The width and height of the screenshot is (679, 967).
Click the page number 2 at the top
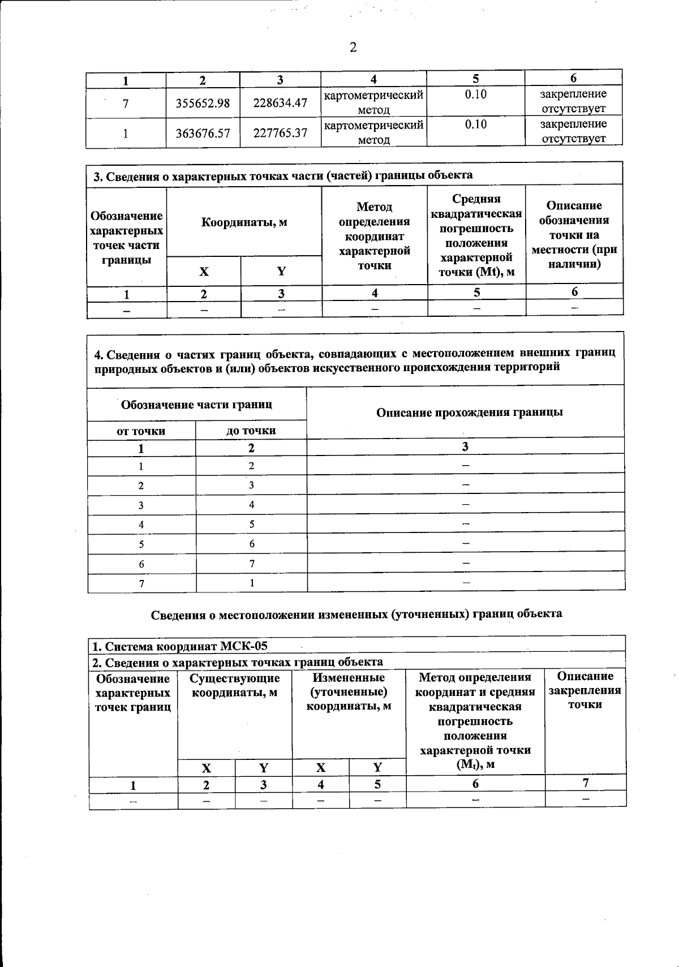353,48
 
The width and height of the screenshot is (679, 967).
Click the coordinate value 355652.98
203,103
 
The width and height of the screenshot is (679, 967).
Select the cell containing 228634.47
280,103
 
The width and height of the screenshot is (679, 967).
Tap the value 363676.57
203,133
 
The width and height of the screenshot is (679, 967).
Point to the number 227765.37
280,133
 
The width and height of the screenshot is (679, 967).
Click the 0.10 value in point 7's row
475,94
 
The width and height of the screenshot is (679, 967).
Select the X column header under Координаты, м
203,272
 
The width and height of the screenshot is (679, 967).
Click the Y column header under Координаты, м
281,272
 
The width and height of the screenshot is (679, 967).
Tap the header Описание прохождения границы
469,412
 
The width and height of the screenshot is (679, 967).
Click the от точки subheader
141,431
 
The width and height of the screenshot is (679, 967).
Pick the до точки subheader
251,431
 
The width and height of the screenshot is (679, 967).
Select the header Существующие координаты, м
234,685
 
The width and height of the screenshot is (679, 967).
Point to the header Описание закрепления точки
585,690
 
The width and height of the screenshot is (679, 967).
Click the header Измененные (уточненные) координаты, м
349,691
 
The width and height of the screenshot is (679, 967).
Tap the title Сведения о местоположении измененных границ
356,614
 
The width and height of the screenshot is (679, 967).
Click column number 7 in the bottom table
586,783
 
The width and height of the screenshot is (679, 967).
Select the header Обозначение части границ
196,405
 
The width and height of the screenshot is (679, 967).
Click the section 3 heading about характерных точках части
283,176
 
